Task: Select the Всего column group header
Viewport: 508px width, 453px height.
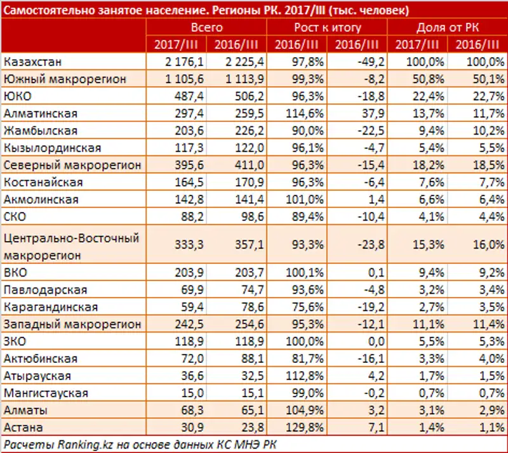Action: point(206,27)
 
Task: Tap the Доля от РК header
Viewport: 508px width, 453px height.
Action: point(448,27)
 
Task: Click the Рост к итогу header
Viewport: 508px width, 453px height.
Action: point(328,27)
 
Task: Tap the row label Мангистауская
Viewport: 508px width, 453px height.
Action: point(45,393)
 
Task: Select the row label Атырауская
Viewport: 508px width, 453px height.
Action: point(39,376)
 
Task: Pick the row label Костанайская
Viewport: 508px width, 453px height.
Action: point(43,182)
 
